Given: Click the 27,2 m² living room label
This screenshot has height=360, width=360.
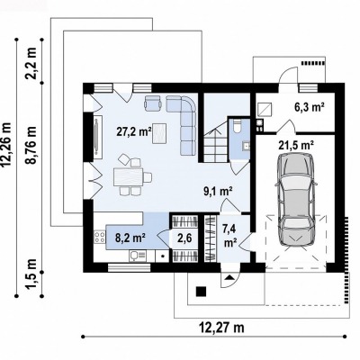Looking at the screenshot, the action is (134, 131).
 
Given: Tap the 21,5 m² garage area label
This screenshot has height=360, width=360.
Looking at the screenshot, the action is (296, 145).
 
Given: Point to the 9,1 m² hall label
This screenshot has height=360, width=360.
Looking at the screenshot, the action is (219, 191).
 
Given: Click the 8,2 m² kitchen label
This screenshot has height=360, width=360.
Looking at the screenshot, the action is (130, 238).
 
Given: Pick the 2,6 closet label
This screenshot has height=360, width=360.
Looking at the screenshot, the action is (184, 238).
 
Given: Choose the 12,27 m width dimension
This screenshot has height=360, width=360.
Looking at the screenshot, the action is (221, 328).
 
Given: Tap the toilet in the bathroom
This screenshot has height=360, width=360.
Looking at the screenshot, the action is (238, 125).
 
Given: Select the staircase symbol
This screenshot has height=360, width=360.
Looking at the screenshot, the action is (215, 142).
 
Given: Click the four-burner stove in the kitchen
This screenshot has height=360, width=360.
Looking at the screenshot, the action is (100, 237).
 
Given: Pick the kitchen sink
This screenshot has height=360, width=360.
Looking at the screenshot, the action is (138, 256).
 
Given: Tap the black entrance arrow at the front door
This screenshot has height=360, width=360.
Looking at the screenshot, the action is (229, 276).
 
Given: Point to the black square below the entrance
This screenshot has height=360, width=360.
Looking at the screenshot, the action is (201, 292).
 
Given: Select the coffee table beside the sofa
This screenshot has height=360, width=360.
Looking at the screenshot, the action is (159, 134).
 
